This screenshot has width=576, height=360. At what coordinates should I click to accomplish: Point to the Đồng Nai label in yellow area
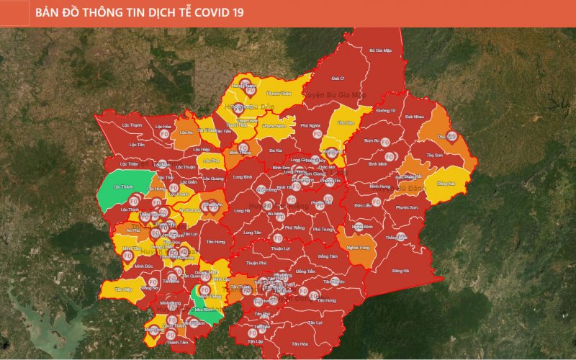pyautogui.click(x=446, y=184)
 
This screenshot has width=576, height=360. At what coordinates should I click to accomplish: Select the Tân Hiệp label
pyautogui.click(x=123, y=289)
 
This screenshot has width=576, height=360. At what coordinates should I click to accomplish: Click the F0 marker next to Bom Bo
pyautogui.click(x=385, y=141)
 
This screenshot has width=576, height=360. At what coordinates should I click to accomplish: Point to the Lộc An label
pyautogui.click(x=186, y=132)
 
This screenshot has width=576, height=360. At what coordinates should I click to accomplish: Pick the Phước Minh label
pyautogui.click(x=274, y=126)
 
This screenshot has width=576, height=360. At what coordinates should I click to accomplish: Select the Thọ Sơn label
pyautogui.click(x=433, y=154)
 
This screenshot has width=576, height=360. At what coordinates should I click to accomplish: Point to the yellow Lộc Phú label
pyautogui.click(x=210, y=161)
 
